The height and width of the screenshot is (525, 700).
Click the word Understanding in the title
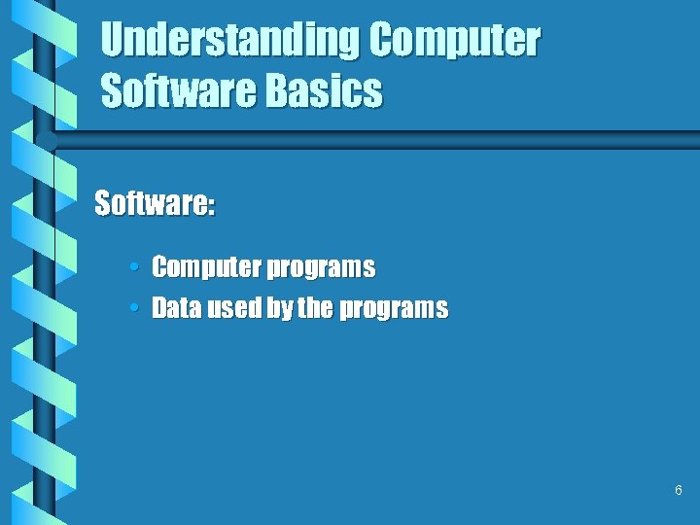point(230,41)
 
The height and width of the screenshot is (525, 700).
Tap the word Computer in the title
point(454,41)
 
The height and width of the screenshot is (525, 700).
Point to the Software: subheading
point(155,204)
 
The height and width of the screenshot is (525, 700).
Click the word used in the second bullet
point(222,309)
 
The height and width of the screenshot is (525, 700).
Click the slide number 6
point(678,491)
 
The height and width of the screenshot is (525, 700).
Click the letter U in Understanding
point(114,41)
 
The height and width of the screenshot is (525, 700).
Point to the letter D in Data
point(160,309)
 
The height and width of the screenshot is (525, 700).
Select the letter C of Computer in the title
point(381,41)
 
